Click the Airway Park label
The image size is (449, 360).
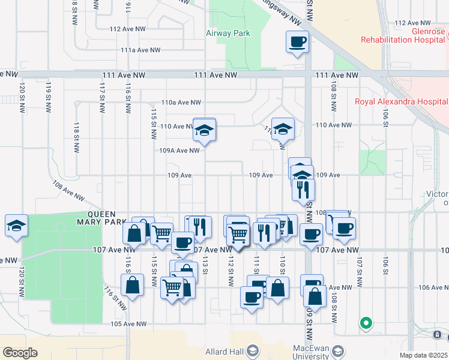[x=228, y=34]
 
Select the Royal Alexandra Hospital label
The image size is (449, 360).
[x=401, y=101]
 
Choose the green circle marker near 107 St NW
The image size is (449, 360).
[x=366, y=324]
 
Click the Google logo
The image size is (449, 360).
[x=20, y=353]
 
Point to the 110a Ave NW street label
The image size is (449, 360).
[x=180, y=103]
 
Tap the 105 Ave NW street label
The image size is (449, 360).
[x=129, y=324]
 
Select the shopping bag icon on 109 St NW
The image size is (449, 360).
[x=315, y=296]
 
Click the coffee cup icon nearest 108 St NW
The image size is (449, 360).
[x=344, y=228]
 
